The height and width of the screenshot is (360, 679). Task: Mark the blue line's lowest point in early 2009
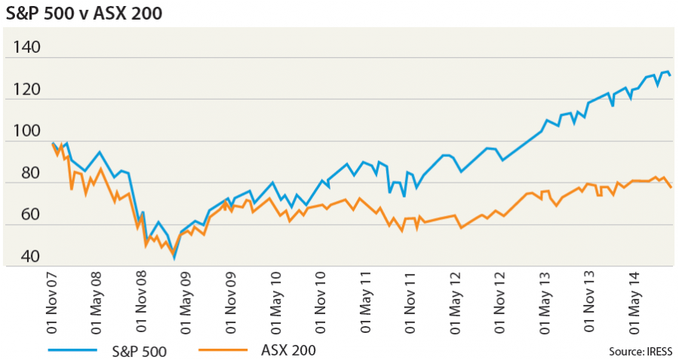pos(174,258)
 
